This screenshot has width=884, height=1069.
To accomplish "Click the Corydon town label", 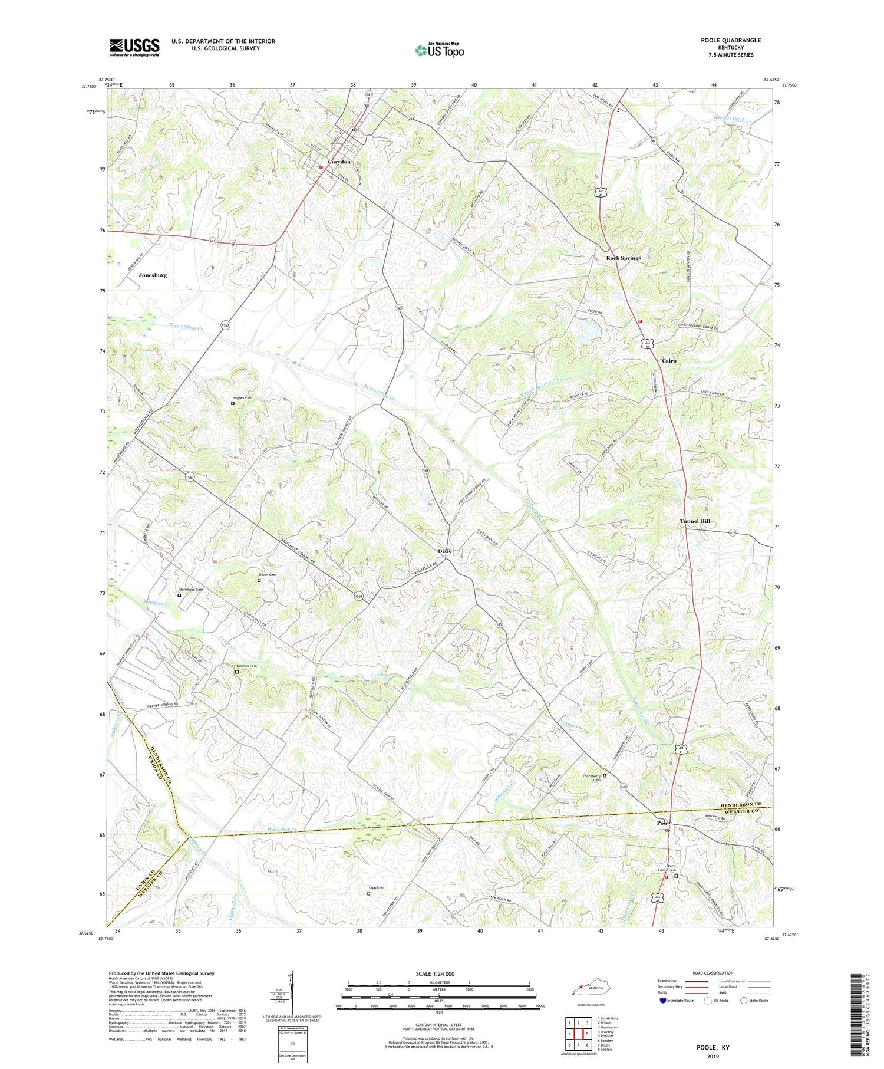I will coord(339,162).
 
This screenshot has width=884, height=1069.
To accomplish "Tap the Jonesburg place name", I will coord(153,275).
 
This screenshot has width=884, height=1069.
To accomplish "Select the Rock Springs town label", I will coord(624,258).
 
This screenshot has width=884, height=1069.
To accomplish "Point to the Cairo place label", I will coord(669,361).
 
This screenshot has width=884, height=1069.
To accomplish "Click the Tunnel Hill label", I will coord(695,521).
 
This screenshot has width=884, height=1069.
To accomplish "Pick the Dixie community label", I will coord(445,551).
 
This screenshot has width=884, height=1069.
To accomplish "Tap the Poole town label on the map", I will coord(664,823).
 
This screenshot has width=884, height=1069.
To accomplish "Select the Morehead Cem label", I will coord(190,590).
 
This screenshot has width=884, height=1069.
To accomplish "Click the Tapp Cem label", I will coord(376,888).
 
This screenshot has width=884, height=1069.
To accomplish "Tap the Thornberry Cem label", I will coord(591,778).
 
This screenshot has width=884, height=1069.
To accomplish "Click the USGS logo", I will coord(134,47).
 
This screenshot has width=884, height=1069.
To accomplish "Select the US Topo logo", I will coord(439,51).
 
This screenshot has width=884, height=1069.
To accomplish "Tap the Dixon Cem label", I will coord(268,575).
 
